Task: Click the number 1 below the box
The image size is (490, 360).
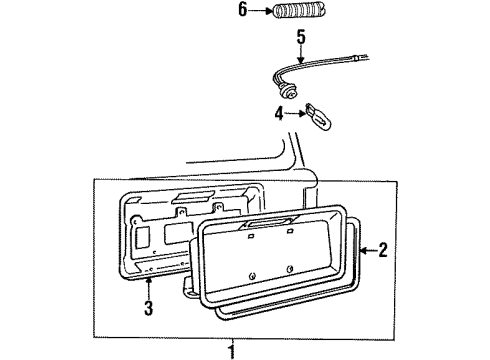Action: (x=232, y=351)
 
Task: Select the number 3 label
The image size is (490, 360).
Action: (x=148, y=309)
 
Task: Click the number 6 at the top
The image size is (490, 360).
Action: (x=240, y=12)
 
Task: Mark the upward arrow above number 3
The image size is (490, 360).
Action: (x=148, y=291)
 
